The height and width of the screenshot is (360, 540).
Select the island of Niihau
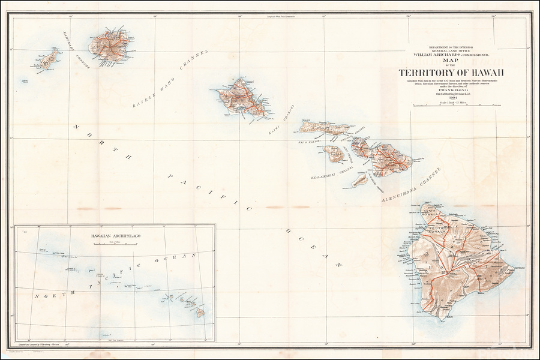(x=47, y=59)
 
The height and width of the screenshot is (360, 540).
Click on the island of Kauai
(x=111, y=44)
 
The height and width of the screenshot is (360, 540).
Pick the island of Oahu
(x=243, y=96)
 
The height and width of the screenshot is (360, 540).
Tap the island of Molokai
(x=325, y=127)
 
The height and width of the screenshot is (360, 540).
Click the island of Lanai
(x=334, y=154)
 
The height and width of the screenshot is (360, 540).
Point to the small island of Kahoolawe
(x=360, y=179)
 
